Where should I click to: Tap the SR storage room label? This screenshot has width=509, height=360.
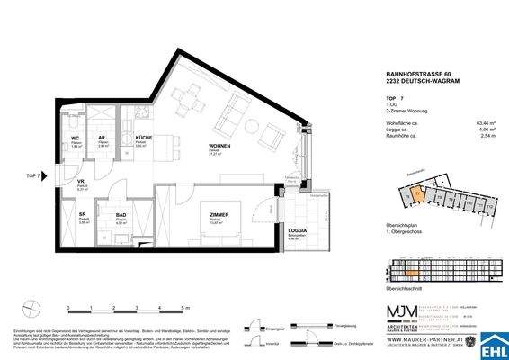[x=82, y=216]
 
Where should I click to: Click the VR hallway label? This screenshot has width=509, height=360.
[x=80, y=181]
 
